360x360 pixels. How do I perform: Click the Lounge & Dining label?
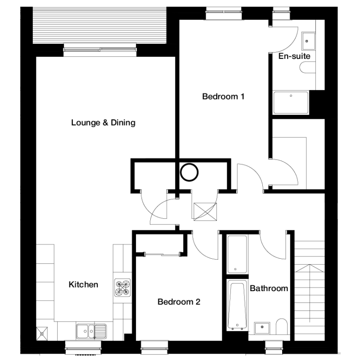tap(103, 122)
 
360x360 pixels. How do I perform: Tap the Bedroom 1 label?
tap(223, 96)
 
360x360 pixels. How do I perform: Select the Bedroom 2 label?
tap(179, 301)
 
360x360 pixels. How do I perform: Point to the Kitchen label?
tap(83, 284)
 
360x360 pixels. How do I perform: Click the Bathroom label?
tap(269, 288)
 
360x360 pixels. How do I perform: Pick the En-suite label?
tap(294, 56)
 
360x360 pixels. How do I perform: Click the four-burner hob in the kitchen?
tap(122, 288)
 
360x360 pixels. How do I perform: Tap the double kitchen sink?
tap(91, 331)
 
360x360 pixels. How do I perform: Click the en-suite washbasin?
tap(309, 41)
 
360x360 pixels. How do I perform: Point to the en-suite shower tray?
tap(291, 103)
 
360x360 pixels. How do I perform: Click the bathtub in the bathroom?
tap(237, 306)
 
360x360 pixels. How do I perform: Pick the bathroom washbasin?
tap(262, 328)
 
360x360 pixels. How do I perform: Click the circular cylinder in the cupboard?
tap(189, 172)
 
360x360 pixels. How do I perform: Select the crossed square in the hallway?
tap(205, 211)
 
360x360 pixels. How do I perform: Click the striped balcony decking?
tap(99, 25)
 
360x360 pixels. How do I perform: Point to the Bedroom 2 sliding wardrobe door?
tap(162, 254)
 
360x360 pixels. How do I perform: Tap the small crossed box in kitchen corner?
tap(42, 333)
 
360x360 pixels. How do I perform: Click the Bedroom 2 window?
tap(154, 347)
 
